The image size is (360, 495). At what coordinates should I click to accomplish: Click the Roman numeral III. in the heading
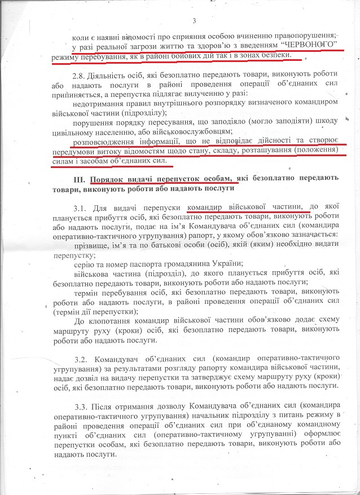click(x=73, y=179)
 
